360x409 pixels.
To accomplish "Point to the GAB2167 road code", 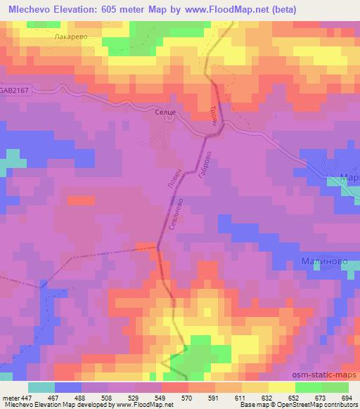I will pos(16,91).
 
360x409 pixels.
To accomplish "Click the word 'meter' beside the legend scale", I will pos(11,398).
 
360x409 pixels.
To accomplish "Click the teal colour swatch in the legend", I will pos(41,387).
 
